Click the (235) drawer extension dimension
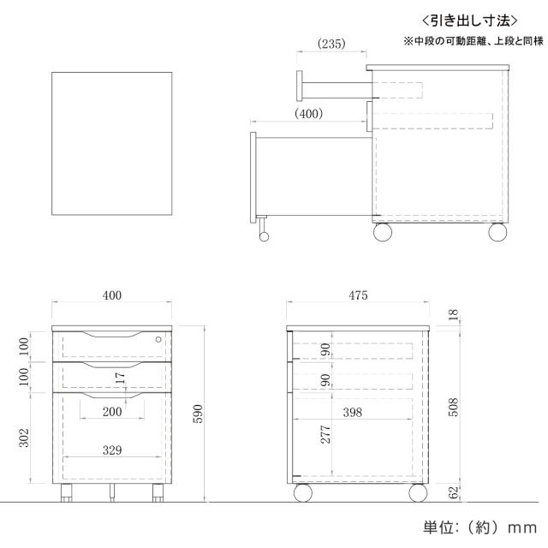click(x=331, y=43)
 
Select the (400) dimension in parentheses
click(x=309, y=113)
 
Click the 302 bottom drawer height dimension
click(x=23, y=438)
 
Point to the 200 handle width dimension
click(x=111, y=412)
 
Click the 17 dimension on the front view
click(x=121, y=376)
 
